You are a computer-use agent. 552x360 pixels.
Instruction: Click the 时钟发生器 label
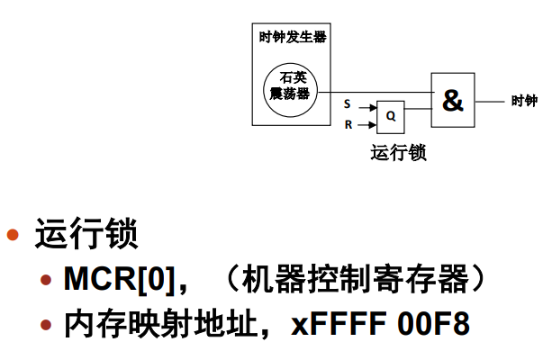point(292,37)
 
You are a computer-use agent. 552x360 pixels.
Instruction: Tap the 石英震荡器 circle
point(290,86)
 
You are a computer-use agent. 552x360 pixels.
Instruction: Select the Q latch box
point(391,115)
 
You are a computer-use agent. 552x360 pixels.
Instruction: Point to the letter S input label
point(348,104)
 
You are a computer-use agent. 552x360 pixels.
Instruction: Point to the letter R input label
point(348,125)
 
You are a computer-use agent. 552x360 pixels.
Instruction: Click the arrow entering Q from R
point(366,125)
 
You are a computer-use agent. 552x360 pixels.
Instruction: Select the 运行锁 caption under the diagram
point(397,152)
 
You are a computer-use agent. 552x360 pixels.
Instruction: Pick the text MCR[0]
point(114,279)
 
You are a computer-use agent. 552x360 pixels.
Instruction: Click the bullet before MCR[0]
point(46,281)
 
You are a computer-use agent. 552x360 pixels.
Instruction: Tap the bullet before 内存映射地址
point(46,325)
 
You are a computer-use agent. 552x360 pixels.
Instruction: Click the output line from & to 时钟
point(492,101)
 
